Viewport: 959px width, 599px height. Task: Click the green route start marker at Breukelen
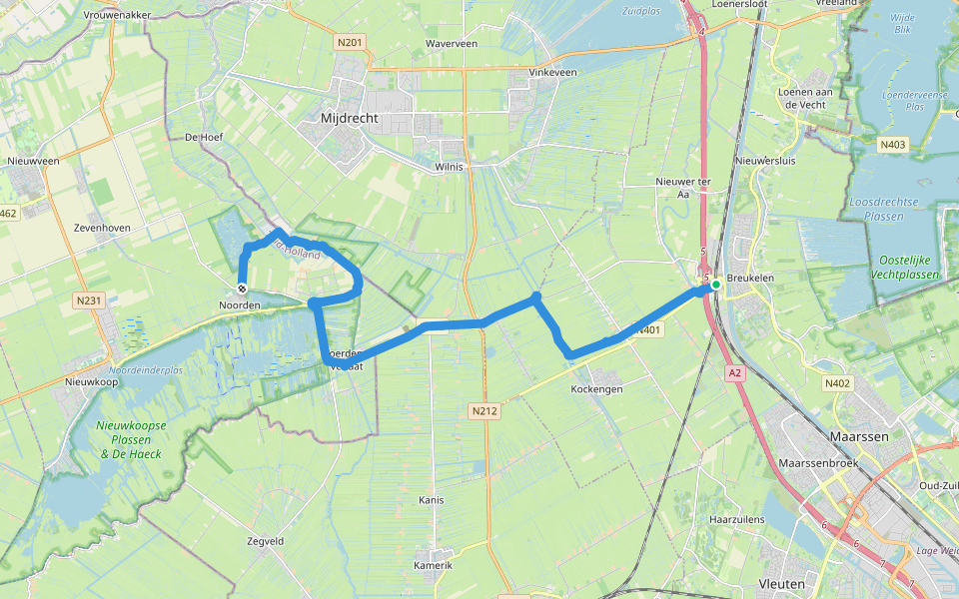[x=716, y=285]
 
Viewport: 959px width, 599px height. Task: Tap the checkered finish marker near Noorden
[x=242, y=290]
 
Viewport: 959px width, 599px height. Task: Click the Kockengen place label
[x=596, y=387]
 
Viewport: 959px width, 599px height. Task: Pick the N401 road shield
[x=647, y=330]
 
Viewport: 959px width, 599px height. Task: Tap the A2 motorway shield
[x=736, y=372]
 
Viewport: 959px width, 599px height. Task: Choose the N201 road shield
[x=350, y=42]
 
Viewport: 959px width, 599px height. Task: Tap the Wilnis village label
[x=450, y=167]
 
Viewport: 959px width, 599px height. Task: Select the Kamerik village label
[x=433, y=565]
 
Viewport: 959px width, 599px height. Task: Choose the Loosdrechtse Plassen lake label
[x=883, y=209]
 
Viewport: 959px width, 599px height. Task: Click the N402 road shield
[x=836, y=383]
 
